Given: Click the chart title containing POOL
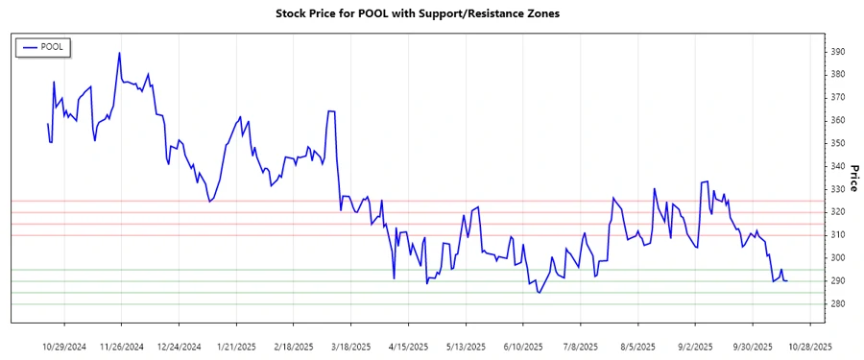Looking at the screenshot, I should click(431, 13).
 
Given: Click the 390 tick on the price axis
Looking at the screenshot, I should click(838, 52).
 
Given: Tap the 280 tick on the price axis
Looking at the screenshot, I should click(838, 304).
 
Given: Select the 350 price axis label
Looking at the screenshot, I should click(838, 143).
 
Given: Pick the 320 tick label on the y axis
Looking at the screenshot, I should click(838, 212).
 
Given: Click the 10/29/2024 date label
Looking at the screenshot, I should click(65, 346).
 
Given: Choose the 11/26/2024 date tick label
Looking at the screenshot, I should click(121, 346).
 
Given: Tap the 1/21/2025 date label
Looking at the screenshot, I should click(236, 346).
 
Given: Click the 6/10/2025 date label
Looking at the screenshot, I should click(523, 346).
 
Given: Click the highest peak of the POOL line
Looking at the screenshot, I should click(119, 53).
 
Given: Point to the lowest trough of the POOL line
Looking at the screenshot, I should click(539, 293).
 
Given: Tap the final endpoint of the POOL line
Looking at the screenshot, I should click(787, 280).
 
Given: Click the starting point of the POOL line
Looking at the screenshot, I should click(47, 124).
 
